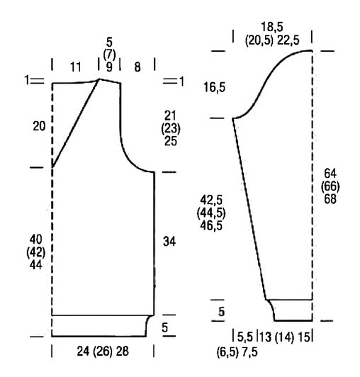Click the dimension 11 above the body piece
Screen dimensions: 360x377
pos(75,67)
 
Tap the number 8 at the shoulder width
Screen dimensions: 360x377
pos(137,67)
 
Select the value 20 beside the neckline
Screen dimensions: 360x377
pos(39,126)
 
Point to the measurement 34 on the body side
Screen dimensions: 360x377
pos(169,242)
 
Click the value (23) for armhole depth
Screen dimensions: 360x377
pos(171,129)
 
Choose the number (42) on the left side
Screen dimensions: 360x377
pos(36,252)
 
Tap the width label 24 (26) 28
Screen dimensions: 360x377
pos(103,351)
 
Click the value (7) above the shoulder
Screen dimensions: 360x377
pos(109,55)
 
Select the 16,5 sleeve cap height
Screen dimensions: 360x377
pos(215,87)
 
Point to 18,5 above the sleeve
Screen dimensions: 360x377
pos(272,27)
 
